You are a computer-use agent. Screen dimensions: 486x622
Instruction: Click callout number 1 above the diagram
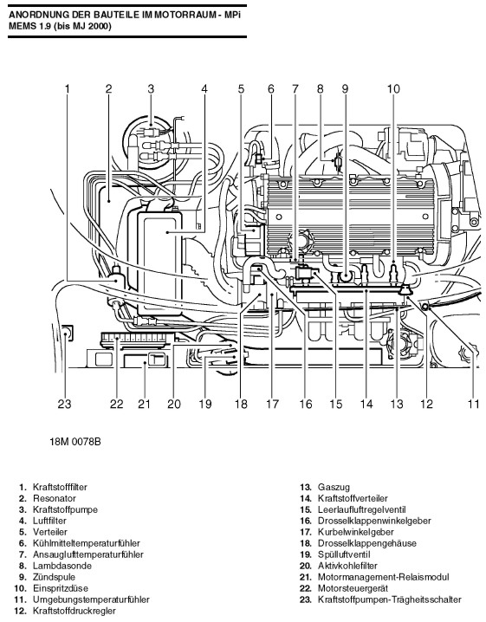(67, 88)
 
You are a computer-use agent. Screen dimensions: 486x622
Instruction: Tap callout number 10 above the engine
(393, 88)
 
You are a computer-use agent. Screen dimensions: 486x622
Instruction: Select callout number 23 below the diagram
(64, 405)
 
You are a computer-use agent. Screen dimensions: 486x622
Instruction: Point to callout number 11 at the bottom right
(473, 405)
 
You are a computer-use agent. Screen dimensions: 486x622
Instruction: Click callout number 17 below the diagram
(272, 405)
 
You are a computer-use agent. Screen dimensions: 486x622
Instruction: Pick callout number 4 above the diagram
(204, 88)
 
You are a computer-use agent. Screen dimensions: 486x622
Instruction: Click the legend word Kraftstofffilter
(60, 487)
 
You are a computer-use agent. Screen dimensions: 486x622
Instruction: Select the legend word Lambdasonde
(62, 566)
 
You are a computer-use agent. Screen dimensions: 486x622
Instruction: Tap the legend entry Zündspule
(54, 577)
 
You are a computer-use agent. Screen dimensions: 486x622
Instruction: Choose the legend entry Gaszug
(334, 487)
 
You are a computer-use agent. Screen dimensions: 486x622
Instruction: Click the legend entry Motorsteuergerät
(353, 588)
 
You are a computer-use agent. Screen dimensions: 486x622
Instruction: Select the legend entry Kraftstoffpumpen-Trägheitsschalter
(390, 599)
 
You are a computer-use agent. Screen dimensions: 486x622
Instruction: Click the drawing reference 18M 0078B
(75, 442)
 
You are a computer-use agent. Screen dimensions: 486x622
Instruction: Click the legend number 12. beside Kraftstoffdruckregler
(20, 611)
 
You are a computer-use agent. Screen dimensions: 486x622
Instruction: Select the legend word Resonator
(55, 498)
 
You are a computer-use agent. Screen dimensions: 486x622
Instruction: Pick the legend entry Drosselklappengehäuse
(367, 543)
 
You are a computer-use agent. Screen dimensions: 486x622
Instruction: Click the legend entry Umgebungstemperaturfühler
(91, 599)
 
